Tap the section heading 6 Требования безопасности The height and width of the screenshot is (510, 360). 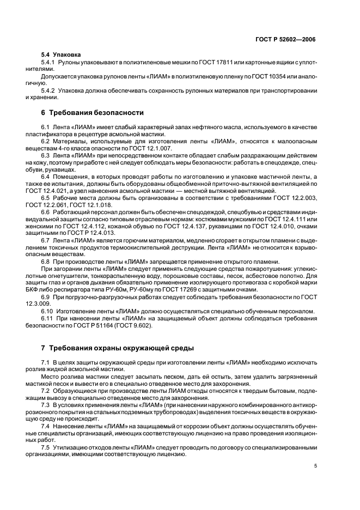coord(92,113)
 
